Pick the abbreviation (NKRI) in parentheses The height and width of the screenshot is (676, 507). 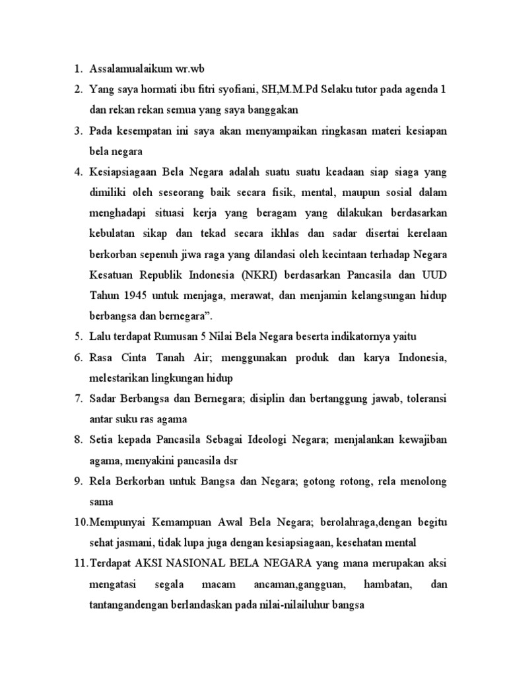(x=246, y=274)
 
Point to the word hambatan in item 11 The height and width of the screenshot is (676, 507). (x=387, y=585)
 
